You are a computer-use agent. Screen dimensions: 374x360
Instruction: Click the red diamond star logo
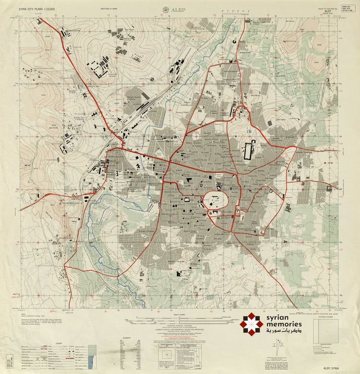pyautogui.click(x=252, y=323)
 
